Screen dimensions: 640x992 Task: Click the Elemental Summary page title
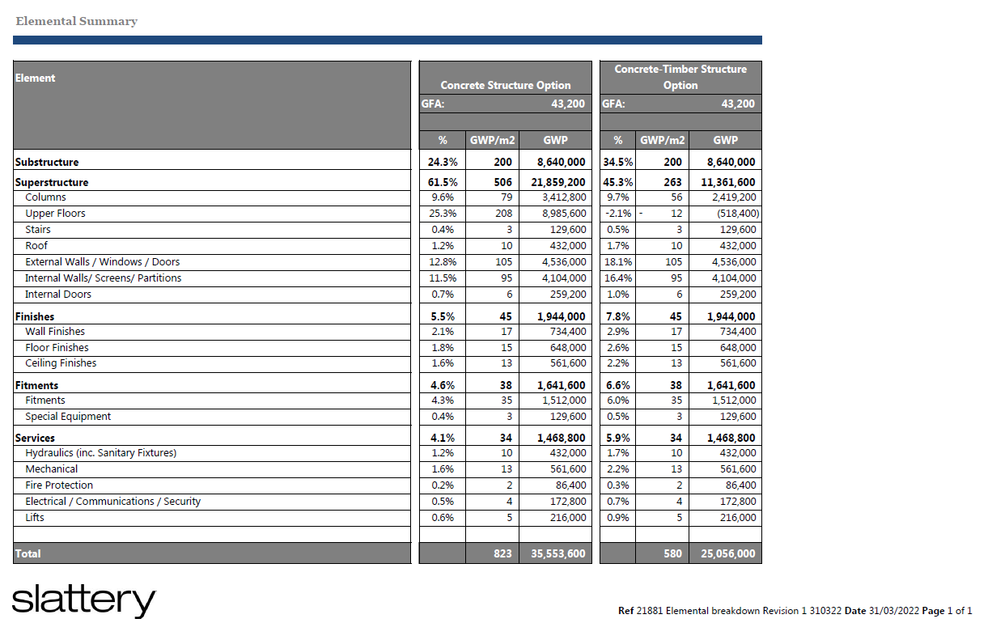(76, 22)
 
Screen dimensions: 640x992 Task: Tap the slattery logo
(83, 600)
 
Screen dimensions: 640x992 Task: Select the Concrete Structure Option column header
(505, 85)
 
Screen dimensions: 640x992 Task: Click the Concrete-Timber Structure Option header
(680, 77)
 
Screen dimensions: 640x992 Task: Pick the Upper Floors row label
(55, 214)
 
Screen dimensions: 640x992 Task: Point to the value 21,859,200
(558, 183)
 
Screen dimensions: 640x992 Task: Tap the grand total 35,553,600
(558, 554)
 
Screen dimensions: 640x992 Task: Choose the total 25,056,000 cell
(725, 554)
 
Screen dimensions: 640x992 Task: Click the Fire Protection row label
(59, 485)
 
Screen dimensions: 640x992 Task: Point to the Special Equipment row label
(68, 417)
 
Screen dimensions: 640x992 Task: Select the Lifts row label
(35, 518)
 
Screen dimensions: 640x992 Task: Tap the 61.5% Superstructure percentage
(442, 183)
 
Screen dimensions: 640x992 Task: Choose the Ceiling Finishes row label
(61, 363)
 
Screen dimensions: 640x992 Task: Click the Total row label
(28, 554)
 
